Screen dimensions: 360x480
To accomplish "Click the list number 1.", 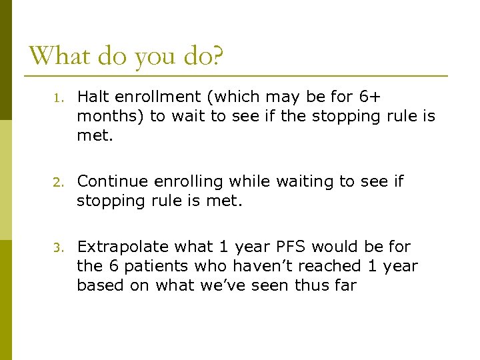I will [58, 98].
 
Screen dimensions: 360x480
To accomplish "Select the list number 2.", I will [58, 183].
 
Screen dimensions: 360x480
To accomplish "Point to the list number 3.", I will [58, 248].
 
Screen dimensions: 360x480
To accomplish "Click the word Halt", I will [93, 97].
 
